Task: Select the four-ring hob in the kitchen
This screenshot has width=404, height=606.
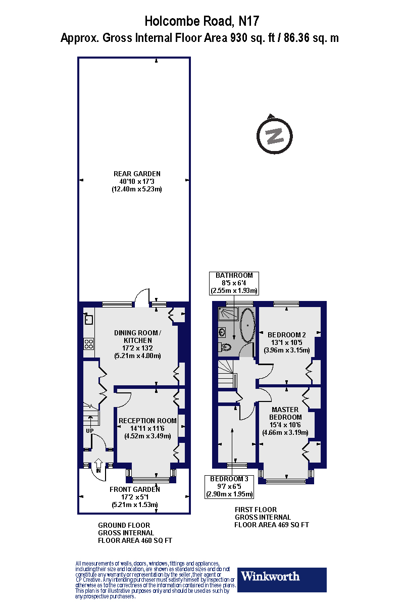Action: pos(89,344)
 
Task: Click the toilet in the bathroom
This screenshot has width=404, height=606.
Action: pos(225,347)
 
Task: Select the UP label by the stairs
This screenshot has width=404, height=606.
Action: pos(89,431)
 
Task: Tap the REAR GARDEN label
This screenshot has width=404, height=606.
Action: pos(137,174)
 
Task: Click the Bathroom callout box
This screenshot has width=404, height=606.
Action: pos(235,283)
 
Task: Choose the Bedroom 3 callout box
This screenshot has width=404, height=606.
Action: pos(229,486)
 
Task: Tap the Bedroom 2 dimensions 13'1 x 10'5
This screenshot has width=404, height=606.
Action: pos(286,343)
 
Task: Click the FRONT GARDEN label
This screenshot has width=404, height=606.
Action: pos(135,489)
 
